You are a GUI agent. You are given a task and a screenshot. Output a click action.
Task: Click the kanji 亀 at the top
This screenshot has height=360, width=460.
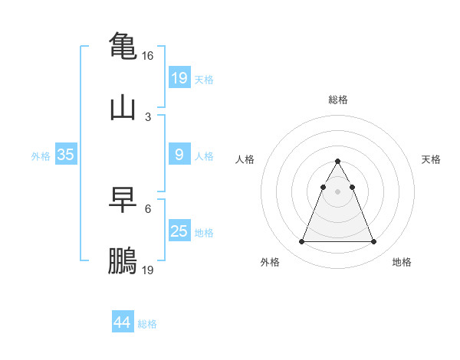[123, 45]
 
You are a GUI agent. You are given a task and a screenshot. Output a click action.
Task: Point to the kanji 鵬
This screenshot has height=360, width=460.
[123, 260]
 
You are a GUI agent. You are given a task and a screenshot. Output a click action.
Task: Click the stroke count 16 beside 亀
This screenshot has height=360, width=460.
[148, 56]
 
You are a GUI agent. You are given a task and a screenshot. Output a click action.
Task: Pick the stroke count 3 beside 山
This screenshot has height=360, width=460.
[148, 117]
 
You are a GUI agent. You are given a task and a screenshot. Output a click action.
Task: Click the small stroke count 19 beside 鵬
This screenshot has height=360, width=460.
[148, 270]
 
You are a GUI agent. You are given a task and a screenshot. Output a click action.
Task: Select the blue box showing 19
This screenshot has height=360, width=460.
[179, 77]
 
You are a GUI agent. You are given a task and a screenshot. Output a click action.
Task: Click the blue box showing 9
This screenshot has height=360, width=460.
[179, 155]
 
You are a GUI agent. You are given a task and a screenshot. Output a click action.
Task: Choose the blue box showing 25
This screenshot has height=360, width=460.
[179, 231]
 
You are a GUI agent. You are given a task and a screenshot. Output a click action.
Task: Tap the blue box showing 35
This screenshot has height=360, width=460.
[65, 155]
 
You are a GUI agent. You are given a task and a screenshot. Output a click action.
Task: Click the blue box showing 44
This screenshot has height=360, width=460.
[122, 322]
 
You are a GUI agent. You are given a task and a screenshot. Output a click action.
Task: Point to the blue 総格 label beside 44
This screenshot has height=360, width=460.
[147, 324]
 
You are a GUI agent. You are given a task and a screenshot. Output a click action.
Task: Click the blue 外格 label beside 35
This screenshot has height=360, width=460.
[41, 156]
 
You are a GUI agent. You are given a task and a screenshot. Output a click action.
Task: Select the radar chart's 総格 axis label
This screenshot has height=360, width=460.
[337, 100]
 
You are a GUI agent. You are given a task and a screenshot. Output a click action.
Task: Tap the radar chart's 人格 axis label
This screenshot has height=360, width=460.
[245, 159]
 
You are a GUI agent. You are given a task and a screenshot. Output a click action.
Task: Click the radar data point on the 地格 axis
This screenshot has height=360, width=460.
[373, 242]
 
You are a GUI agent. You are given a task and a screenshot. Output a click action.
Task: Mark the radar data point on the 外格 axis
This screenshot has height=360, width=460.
[301, 242]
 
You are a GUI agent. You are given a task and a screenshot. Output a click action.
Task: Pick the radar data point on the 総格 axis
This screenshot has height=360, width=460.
[337, 161]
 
